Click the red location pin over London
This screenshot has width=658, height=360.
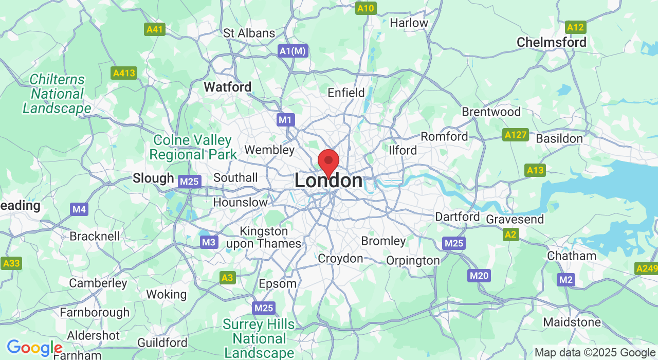(x=328, y=163)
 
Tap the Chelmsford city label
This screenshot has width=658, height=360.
(x=551, y=42)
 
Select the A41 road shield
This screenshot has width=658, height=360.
(x=155, y=29)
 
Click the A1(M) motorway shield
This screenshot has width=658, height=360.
(x=293, y=51)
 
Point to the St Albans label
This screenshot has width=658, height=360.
(x=249, y=33)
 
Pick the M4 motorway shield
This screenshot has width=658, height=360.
(x=79, y=209)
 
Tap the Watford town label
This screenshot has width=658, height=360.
(x=227, y=87)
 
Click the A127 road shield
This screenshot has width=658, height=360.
(x=516, y=135)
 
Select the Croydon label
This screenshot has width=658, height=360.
(x=340, y=258)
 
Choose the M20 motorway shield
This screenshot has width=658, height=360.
(x=479, y=276)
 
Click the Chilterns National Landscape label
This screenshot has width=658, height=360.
(x=57, y=94)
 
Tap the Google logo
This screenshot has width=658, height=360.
(x=34, y=348)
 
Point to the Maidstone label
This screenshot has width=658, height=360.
(x=572, y=322)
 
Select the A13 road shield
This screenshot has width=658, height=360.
(x=535, y=170)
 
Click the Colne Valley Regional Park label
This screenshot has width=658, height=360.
(x=193, y=147)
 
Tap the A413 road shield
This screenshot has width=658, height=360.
(x=124, y=73)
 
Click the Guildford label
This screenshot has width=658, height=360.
(x=162, y=343)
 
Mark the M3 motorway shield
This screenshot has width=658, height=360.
(x=209, y=242)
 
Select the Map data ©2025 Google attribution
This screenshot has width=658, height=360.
(x=595, y=353)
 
